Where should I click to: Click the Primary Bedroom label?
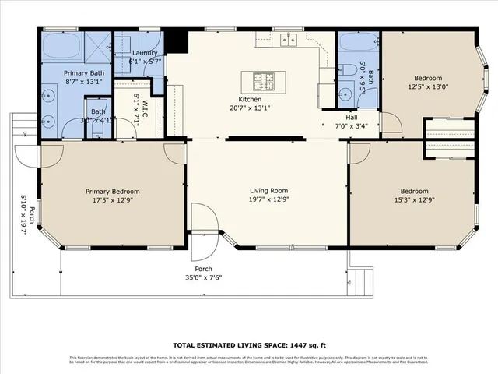click(113, 192)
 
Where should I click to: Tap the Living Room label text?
click(268, 191)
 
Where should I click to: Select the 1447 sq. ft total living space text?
click(249, 343)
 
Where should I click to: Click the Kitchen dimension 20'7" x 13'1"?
click(249, 108)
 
